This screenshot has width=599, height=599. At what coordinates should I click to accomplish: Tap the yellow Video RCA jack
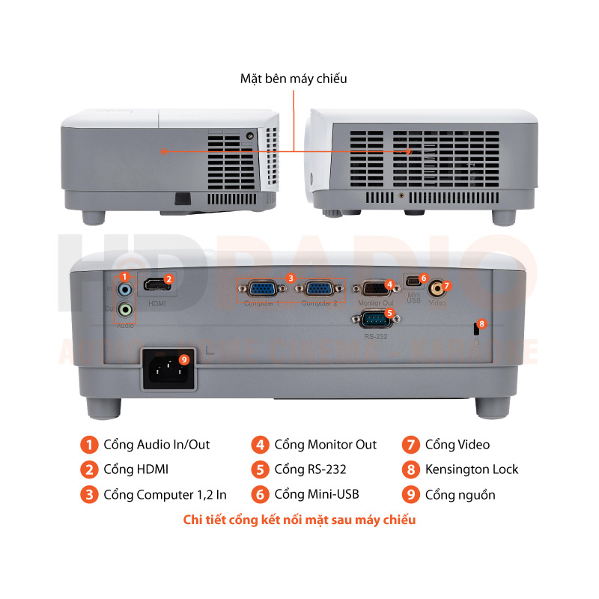(434, 287)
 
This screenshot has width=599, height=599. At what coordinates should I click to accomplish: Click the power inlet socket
(169, 368)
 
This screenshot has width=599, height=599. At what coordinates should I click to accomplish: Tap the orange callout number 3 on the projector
(291, 278)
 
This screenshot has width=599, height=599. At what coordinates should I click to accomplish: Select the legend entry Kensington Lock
(471, 469)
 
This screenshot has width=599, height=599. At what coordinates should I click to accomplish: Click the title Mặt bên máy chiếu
(294, 78)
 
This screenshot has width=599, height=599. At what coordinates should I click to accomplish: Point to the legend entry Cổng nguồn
(460, 494)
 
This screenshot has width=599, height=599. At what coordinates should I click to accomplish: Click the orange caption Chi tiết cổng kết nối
(299, 519)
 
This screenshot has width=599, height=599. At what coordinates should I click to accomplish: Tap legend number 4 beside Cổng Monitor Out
(260, 445)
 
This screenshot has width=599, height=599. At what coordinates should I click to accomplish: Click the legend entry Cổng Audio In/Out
(156, 445)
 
